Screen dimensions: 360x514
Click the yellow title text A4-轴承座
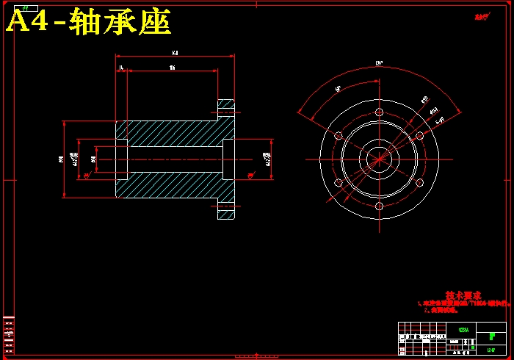88,23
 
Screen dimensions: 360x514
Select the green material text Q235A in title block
463,330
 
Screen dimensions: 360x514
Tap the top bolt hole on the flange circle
379,112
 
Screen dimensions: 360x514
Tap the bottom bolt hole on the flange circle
379,206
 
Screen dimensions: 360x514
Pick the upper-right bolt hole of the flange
419,135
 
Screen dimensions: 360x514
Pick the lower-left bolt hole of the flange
339,182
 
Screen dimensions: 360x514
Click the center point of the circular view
379,159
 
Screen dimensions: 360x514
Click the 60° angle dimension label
339,89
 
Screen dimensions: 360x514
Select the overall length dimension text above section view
175,53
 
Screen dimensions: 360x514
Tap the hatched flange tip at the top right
225,107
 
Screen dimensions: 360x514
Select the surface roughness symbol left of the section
87,176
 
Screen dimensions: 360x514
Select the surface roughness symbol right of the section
251,176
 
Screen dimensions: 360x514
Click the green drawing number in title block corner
491,349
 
